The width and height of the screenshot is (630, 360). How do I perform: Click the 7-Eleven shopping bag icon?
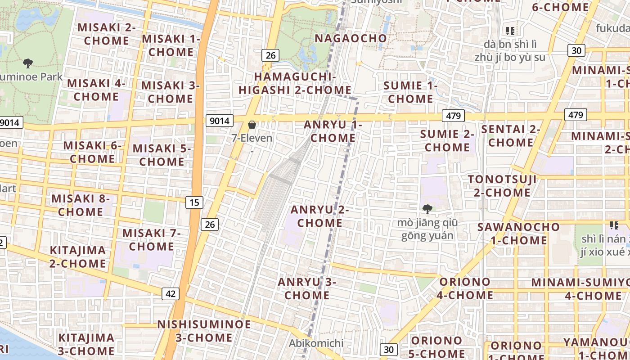pos(252,125)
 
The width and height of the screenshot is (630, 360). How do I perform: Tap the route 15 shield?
pos(194,202)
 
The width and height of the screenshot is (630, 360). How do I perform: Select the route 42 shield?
pos(170,294)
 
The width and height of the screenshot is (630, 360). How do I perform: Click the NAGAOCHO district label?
pos(351,38)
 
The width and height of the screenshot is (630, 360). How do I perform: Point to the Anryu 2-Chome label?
pos(320,216)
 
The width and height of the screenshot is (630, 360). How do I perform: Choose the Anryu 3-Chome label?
pos(307,288)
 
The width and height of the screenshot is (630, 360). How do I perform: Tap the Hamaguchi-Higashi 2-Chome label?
pos(295,83)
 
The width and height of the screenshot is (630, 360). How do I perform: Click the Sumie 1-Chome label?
pos(410,92)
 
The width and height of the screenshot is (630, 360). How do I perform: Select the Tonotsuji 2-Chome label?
pos(502,186)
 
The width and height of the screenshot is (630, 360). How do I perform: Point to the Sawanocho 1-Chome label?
pos(518,234)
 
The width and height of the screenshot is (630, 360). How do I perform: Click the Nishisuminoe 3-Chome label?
pos(204,331)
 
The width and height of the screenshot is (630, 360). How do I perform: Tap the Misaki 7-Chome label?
pos(151,240)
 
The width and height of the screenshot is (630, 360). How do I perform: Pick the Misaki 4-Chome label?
pos(96,90)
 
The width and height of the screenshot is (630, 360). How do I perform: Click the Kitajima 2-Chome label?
pos(78,256)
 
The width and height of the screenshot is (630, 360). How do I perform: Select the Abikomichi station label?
pos(316,343)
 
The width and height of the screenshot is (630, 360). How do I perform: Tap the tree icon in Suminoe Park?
pos(28,63)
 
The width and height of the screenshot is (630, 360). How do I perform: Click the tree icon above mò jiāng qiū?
pos(427,209)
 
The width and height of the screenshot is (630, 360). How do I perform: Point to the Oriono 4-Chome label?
pos(465,288)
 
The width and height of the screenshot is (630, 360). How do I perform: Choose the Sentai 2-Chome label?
pos(511,136)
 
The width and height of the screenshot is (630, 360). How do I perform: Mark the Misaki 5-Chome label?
pos(162,155)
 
